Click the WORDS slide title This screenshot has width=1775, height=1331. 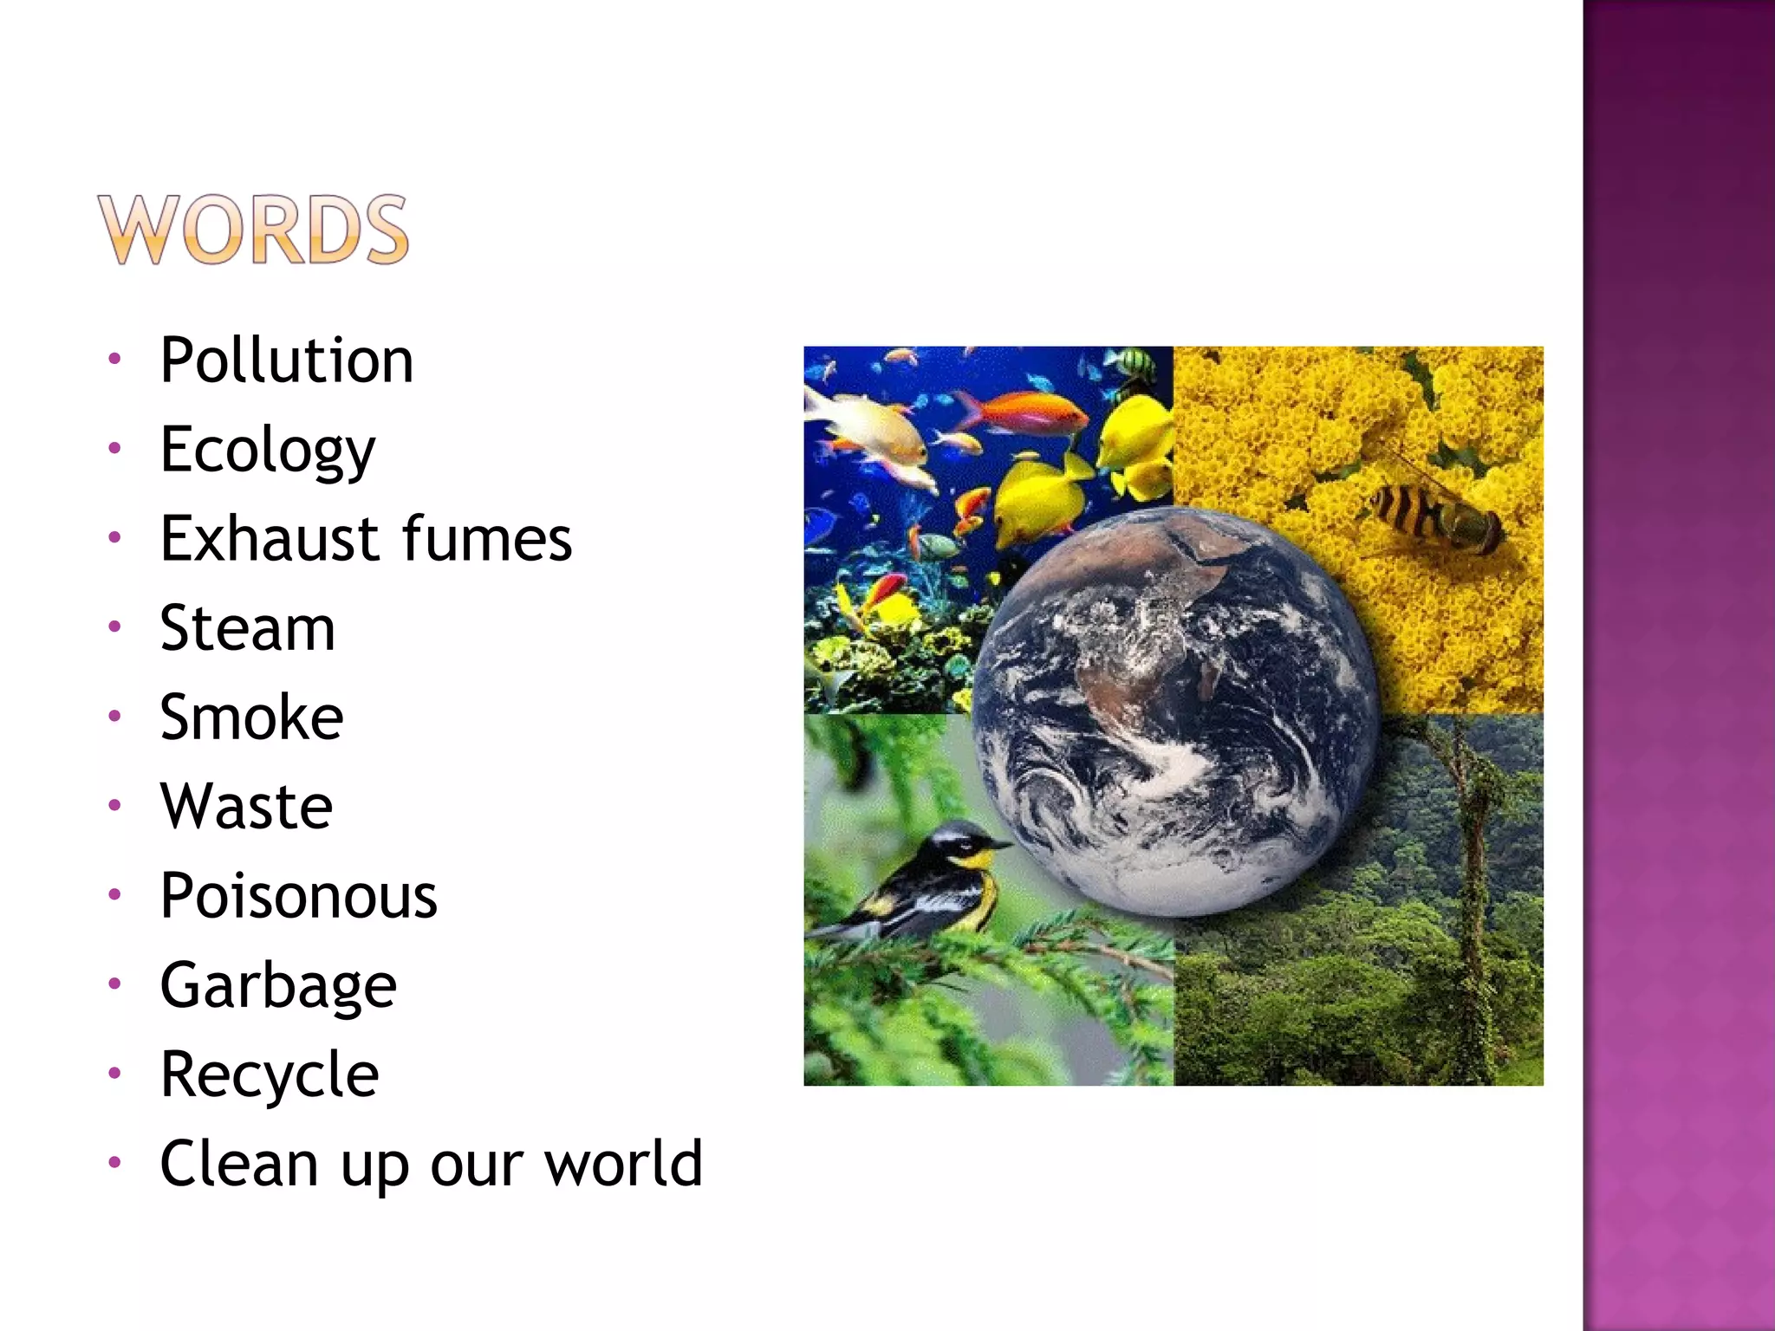pos(252,230)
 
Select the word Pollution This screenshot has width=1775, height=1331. pos(287,360)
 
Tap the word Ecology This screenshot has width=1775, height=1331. pos(268,451)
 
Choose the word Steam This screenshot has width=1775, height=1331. pos(248,628)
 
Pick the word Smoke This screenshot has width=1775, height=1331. pos(251,717)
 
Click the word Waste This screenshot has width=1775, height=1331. pos(247,807)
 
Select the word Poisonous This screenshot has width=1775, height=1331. pos(299,896)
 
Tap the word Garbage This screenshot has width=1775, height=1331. pos(278,986)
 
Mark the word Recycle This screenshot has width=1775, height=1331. pos(270,1075)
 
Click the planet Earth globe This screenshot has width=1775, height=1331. pos(1174,711)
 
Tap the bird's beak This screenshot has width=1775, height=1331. pos(1001,843)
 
